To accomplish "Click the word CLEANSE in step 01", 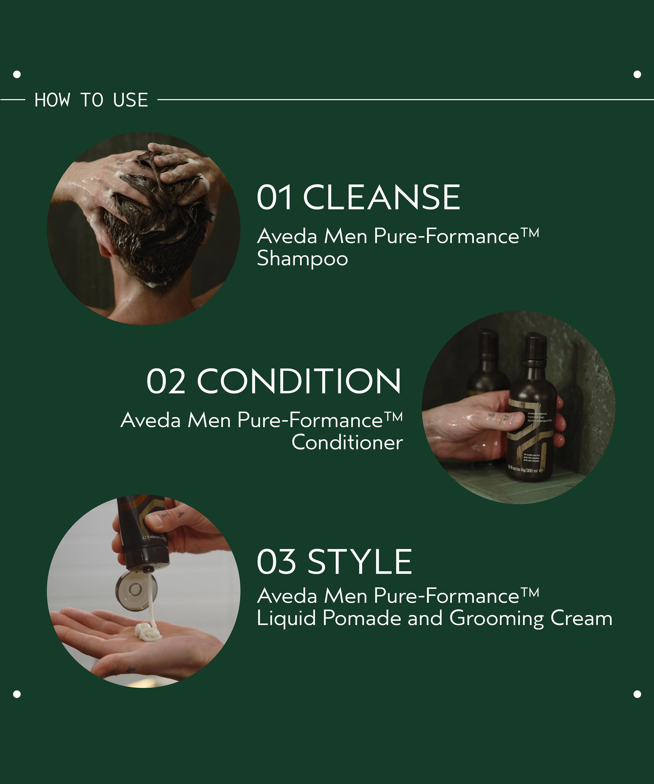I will (x=381, y=198).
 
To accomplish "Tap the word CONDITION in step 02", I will (x=299, y=381).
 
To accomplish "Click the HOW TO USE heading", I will (x=91, y=100).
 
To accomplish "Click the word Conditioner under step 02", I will (x=347, y=443).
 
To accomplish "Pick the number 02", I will (x=166, y=381).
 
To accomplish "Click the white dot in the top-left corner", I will (x=17, y=74).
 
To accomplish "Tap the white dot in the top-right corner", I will (x=637, y=74).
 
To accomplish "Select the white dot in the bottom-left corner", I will (x=17, y=694).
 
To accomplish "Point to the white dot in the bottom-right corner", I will (x=637, y=694).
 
